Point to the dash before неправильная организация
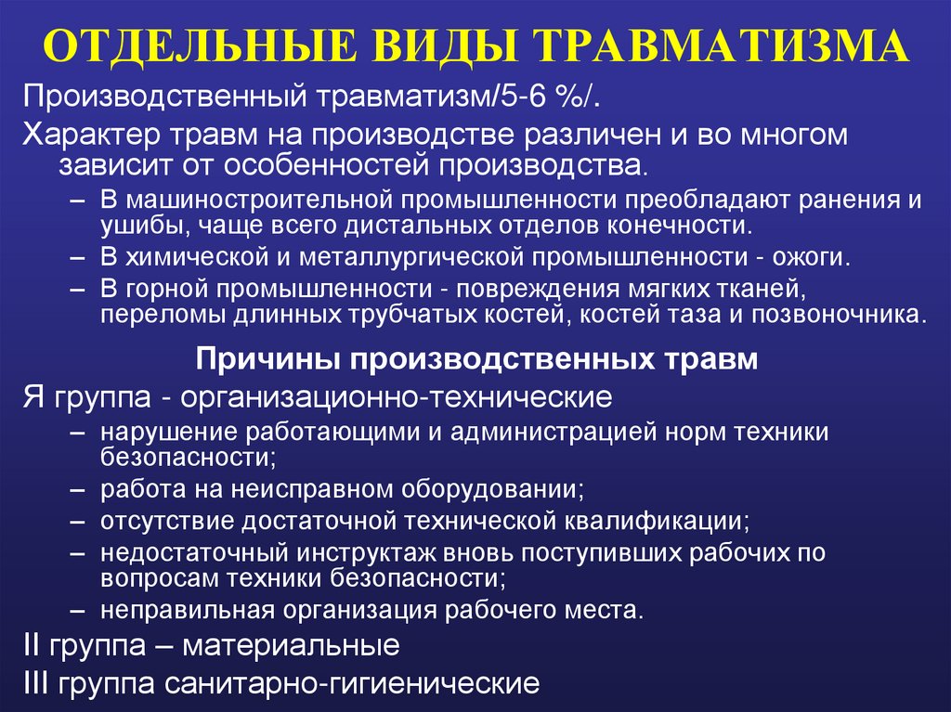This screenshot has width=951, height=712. point(84,610)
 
